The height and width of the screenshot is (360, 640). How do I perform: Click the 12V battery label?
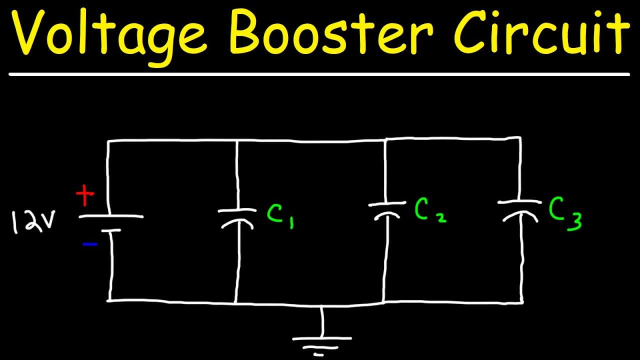(x=33, y=222)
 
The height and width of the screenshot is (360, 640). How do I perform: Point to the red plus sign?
(x=85, y=195)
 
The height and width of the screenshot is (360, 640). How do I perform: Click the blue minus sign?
(x=90, y=244)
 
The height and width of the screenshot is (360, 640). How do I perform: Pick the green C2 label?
(x=430, y=210)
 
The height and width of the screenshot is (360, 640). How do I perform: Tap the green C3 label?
(x=565, y=213)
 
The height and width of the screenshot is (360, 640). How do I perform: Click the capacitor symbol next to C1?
(x=237, y=219)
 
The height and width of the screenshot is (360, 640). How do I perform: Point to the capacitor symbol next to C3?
(x=519, y=211)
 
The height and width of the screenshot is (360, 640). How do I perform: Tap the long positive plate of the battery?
(x=111, y=216)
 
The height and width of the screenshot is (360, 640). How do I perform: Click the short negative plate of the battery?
(x=111, y=230)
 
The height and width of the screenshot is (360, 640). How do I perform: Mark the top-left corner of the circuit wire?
(x=108, y=140)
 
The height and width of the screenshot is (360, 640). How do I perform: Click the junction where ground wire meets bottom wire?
(x=322, y=305)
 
